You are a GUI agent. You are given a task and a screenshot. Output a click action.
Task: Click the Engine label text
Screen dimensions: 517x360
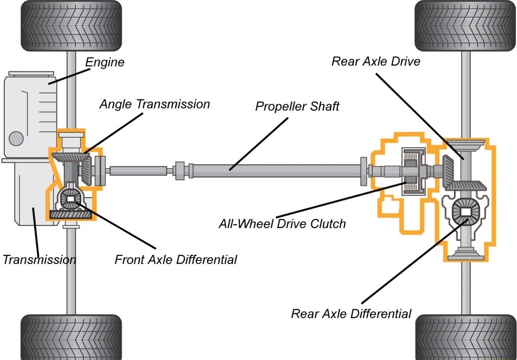105,62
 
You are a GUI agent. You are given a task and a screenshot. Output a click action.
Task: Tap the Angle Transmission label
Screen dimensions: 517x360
155,104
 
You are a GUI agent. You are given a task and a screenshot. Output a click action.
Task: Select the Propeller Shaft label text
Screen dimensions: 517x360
297,106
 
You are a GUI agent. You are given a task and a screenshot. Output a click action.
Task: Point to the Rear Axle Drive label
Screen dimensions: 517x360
376,61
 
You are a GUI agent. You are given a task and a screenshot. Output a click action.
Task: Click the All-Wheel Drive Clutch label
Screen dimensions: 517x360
282,224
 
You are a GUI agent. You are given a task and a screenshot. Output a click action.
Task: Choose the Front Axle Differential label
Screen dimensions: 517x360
176,260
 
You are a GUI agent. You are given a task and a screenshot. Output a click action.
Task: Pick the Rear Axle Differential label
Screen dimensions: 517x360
351,314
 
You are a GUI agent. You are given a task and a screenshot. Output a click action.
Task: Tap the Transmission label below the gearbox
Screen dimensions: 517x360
39,260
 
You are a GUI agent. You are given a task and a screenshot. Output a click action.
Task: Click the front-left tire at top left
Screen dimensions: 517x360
71,26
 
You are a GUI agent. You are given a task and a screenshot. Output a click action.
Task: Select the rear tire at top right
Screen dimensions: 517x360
465,26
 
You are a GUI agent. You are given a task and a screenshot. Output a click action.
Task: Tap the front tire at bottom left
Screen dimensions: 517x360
71,337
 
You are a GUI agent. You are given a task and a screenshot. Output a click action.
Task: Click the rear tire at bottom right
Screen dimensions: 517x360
466,337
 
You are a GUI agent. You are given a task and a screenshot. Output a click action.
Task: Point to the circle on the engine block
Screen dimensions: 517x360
16,138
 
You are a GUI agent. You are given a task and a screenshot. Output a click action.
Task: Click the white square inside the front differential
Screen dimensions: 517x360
71,199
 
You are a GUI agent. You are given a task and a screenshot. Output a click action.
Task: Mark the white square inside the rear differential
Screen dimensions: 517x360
466,212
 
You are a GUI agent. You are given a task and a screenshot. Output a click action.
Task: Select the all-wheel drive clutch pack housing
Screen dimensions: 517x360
413,171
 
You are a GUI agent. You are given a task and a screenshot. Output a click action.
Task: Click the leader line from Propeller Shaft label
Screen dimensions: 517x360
259,144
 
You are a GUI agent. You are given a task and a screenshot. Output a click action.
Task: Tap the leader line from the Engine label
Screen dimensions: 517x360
69,77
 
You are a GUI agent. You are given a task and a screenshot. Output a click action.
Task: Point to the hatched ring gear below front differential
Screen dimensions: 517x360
71,215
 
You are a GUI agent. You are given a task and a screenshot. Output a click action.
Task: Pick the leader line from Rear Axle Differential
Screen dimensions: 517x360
415,261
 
